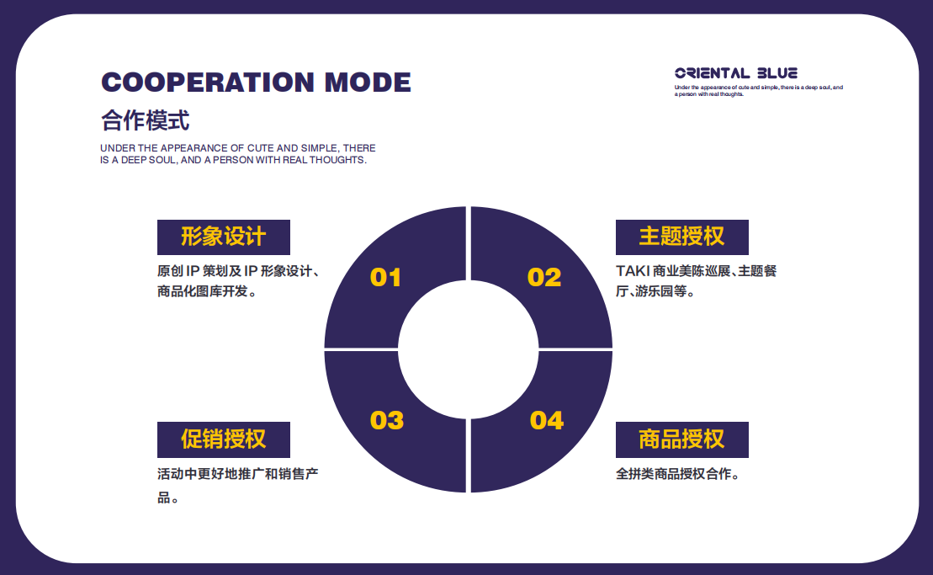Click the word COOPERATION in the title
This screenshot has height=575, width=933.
[208, 83]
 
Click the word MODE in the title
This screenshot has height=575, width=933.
[368, 83]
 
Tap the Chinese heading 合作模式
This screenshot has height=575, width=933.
[146, 120]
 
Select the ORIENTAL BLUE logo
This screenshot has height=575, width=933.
[736, 73]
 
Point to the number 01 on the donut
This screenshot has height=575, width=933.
[385, 277]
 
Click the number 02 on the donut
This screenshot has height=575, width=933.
[544, 277]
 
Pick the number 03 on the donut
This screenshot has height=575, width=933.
[387, 420]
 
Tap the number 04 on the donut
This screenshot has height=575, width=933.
[547, 420]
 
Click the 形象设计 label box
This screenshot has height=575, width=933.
[224, 237]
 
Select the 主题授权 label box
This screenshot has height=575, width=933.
[682, 237]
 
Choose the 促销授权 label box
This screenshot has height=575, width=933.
[224, 440]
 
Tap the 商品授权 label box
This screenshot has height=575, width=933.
[682, 440]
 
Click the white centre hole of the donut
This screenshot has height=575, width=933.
[469, 349]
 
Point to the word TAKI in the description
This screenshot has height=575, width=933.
[633, 271]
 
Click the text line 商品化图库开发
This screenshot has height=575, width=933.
[202, 291]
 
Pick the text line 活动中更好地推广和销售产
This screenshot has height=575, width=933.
[238, 474]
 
